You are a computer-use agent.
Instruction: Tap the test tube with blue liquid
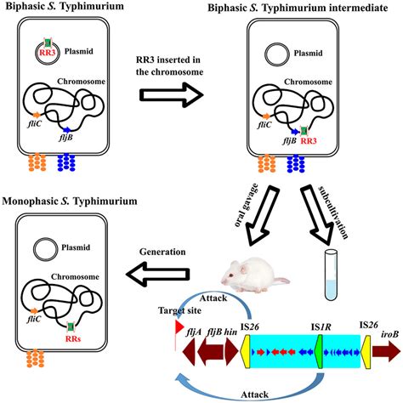[331, 275]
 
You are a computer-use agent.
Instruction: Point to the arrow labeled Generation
[157, 274]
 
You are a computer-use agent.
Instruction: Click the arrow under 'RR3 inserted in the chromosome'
[172, 95]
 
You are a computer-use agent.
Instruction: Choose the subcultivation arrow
[317, 214]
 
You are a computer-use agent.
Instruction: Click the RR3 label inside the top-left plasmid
[47, 53]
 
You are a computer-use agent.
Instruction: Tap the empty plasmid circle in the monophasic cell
[45, 249]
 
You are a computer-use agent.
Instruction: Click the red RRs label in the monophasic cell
[73, 338]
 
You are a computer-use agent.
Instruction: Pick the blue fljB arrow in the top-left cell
[67, 130]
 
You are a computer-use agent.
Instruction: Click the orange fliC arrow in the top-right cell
[266, 116]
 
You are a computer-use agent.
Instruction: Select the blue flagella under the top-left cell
[66, 162]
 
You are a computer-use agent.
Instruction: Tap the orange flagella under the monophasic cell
[35, 359]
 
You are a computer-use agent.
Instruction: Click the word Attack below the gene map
[254, 394]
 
